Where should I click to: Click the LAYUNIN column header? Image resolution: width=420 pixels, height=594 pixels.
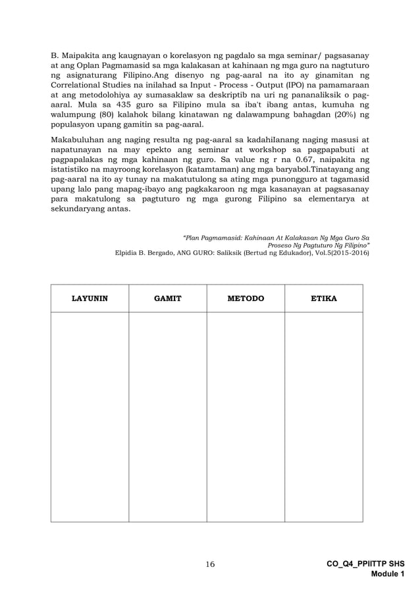(x=90, y=298)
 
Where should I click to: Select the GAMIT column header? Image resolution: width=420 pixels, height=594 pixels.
(x=167, y=298)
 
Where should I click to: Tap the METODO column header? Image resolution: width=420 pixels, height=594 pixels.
(x=246, y=298)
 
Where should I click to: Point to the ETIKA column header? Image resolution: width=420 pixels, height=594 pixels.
(x=324, y=298)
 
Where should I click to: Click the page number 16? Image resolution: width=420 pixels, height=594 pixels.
(x=210, y=564)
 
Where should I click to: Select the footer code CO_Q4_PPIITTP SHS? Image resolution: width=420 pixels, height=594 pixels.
(x=366, y=564)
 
